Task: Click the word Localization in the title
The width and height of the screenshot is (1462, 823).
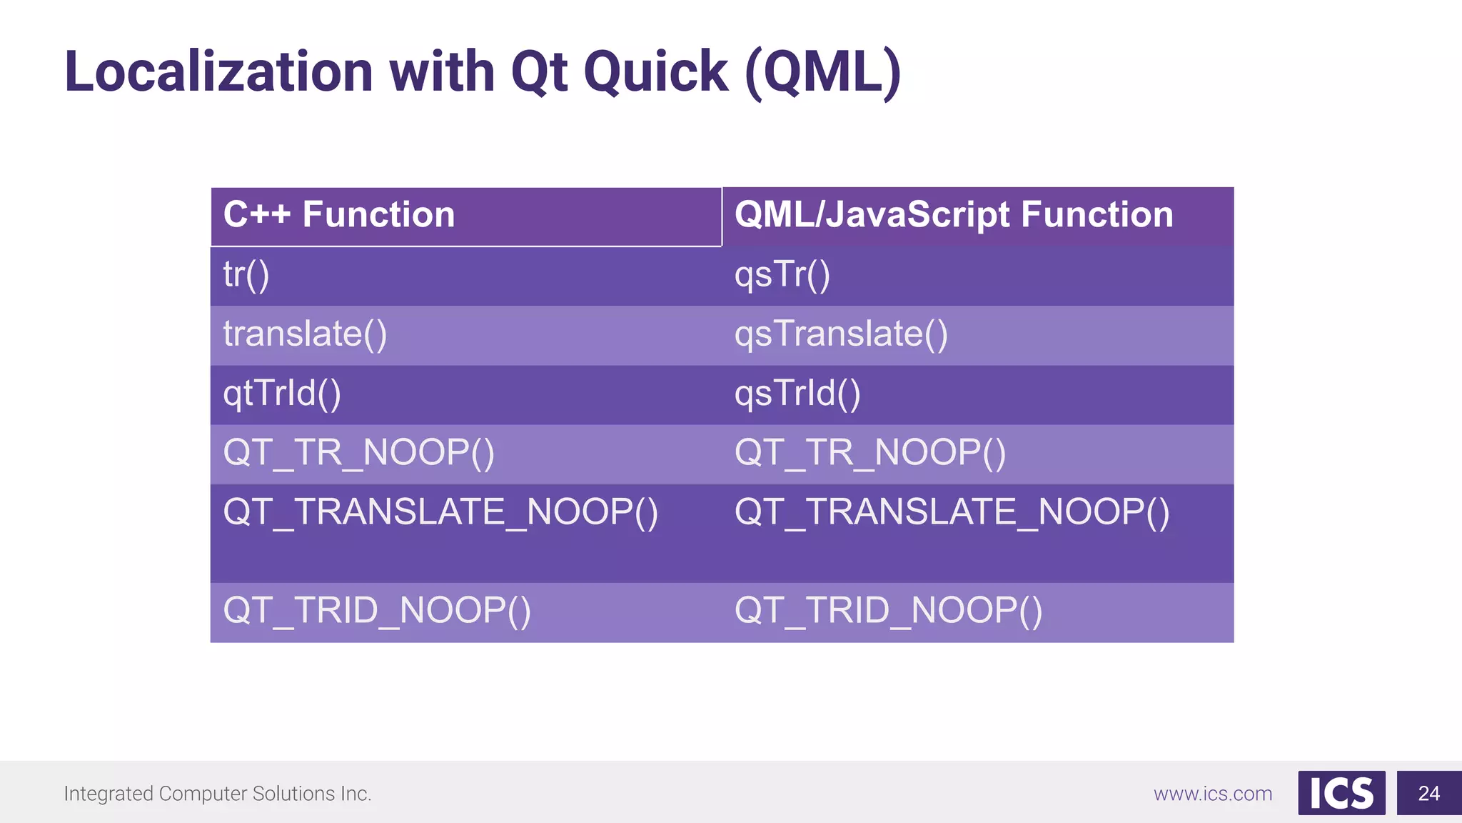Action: coord(218,72)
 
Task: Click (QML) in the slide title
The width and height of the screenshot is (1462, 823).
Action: coord(822,74)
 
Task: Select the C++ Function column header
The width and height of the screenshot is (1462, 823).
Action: coord(338,215)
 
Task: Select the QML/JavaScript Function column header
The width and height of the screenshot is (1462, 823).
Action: coord(954,215)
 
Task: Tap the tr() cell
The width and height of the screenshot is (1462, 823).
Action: coord(246,275)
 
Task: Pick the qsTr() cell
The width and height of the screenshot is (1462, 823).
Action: coord(782,275)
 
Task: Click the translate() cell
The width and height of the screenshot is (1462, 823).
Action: coord(305,334)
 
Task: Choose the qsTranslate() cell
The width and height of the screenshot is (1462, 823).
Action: coord(841,334)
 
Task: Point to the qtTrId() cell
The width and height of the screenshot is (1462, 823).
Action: coord(282,394)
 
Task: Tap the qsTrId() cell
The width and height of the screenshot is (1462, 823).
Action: coord(797,394)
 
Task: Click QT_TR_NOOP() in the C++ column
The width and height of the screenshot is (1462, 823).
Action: coord(358,453)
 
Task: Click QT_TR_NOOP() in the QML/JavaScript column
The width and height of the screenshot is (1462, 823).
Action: coord(869,453)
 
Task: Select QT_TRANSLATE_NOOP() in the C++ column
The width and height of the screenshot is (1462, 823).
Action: coord(440,513)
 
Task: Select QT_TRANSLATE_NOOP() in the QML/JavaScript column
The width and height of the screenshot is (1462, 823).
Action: coord(952,513)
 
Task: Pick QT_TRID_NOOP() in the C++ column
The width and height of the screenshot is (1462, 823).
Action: coord(377,612)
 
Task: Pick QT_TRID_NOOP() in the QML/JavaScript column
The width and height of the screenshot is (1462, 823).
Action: coord(888,612)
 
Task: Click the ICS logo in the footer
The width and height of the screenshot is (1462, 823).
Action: coord(1341,793)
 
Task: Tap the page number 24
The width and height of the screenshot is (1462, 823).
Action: coord(1428,793)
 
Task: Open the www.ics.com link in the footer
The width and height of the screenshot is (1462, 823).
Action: coord(1212,794)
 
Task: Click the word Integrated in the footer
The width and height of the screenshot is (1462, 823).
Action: coord(108,794)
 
